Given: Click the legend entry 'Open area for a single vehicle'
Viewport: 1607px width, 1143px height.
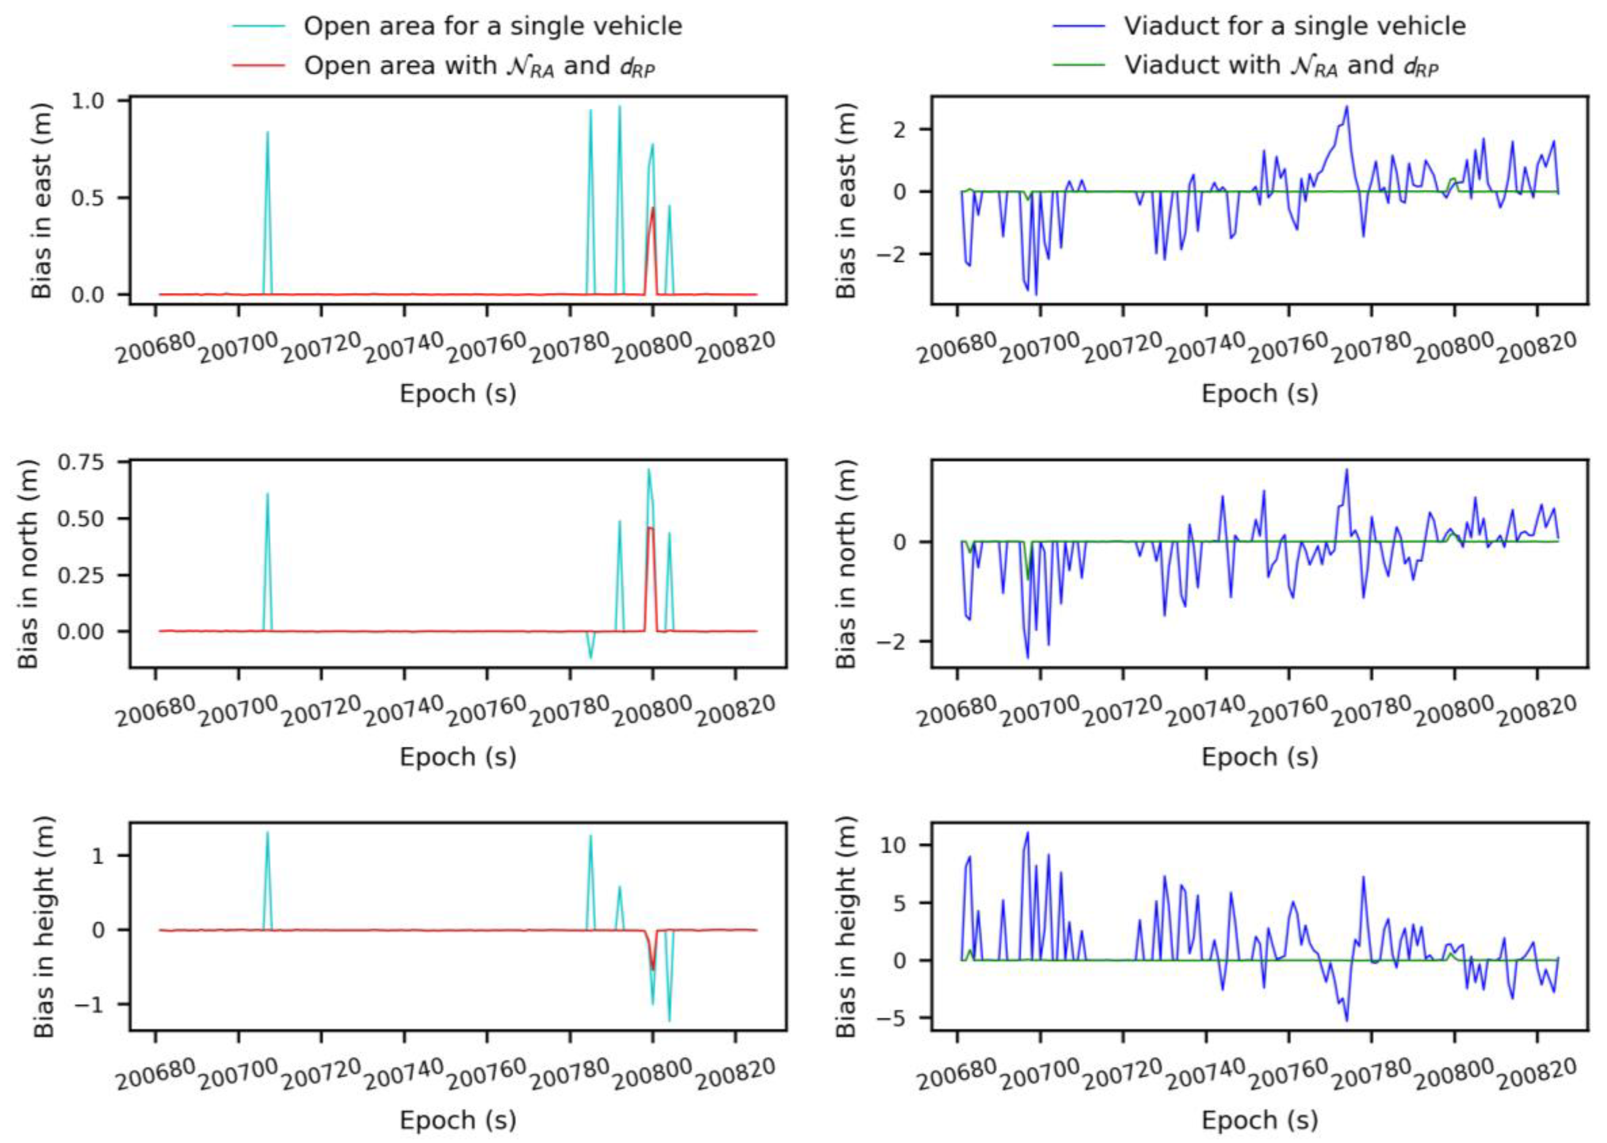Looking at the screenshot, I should coord(492,26).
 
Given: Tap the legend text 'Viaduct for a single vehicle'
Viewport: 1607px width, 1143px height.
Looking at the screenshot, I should coord(1295,26).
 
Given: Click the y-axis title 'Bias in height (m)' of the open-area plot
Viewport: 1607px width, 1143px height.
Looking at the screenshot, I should coord(44,926).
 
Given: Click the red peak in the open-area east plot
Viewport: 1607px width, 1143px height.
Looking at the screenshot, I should coord(653,208).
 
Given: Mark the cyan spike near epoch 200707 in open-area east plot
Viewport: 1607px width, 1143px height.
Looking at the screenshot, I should coord(267,134).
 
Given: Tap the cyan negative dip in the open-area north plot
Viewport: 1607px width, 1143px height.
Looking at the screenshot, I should coord(590,657).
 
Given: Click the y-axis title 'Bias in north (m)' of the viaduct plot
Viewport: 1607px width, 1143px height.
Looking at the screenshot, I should coord(846,564).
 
